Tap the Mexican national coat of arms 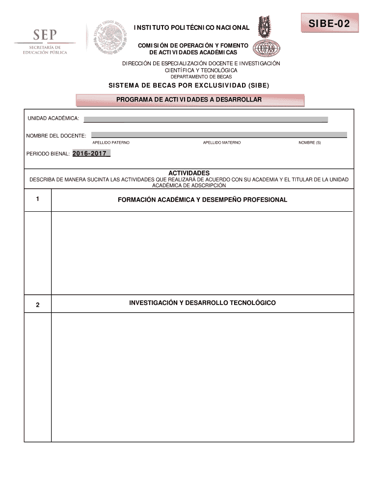pos(111,37)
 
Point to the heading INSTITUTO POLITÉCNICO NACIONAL pos(192,28)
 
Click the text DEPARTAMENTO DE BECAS pos(201,77)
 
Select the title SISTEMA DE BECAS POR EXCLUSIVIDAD pos(189,86)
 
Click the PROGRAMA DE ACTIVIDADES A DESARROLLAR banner pos(189,100)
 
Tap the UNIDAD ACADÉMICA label pos(53,119)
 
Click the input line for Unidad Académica pos(206,119)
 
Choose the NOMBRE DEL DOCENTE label pos(56,135)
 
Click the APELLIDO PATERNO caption pos(111,142)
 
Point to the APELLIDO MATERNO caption pos(222,142)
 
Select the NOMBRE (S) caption pos(310,142)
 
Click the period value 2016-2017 pos(90,154)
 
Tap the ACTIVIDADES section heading pos(189,173)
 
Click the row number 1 pos(37,200)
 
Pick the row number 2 pos(37,305)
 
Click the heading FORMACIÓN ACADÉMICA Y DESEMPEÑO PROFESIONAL pos(202,200)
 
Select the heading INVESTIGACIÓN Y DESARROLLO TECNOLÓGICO pos(202,303)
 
